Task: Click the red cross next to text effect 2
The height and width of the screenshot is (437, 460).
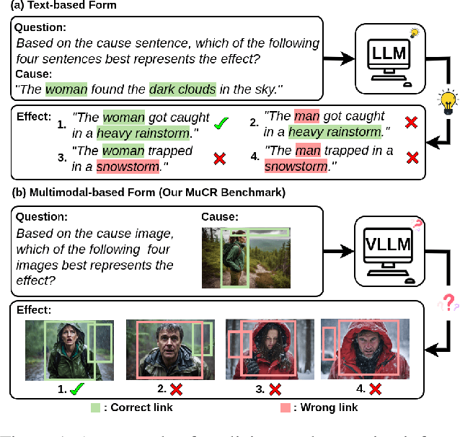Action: pos(411,123)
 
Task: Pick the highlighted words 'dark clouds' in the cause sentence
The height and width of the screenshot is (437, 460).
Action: pos(182,89)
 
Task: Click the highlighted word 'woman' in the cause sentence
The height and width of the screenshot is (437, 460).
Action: pos(66,89)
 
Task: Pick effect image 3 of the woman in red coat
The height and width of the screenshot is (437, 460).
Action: pos(269,350)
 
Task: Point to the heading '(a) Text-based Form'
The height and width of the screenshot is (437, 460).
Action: pos(58,6)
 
